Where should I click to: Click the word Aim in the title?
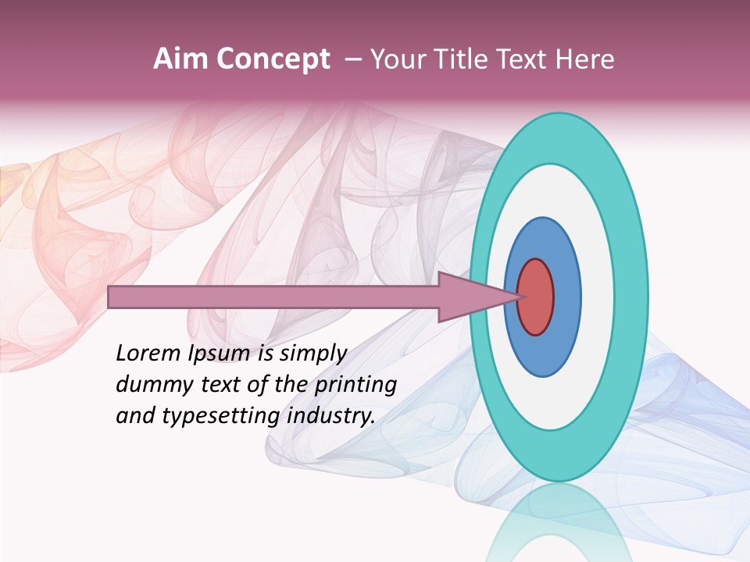[x=180, y=59]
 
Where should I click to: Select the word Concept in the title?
[x=273, y=59]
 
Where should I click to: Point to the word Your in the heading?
[x=395, y=59]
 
